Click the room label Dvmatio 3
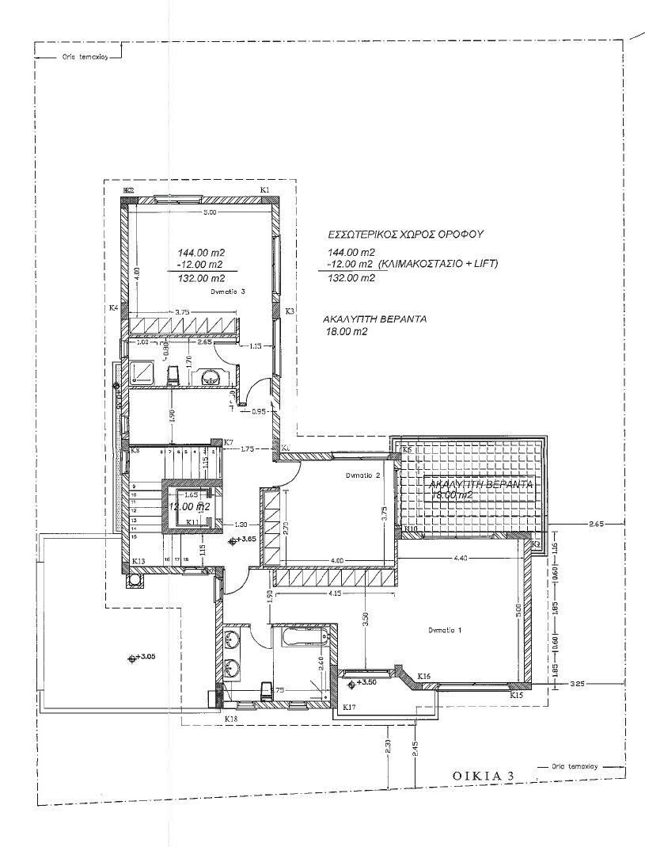[x=229, y=292]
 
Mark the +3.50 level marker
[x=366, y=681]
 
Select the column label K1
[x=265, y=190]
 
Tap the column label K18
[x=231, y=718]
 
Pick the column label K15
[x=517, y=695]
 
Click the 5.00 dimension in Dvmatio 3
[x=208, y=213]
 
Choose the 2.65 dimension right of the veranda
[x=597, y=524]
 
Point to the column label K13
[x=138, y=561]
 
